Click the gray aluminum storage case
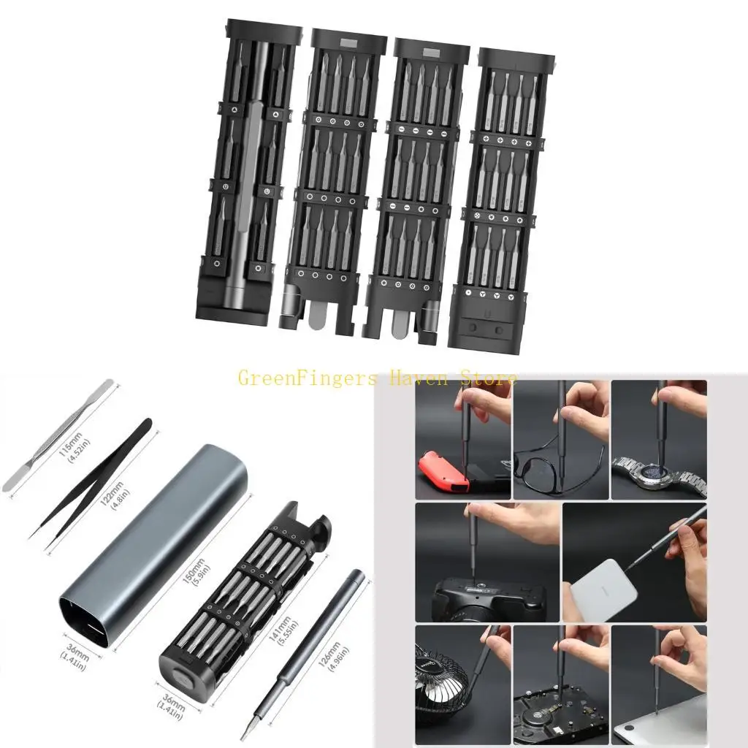point(157,541)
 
